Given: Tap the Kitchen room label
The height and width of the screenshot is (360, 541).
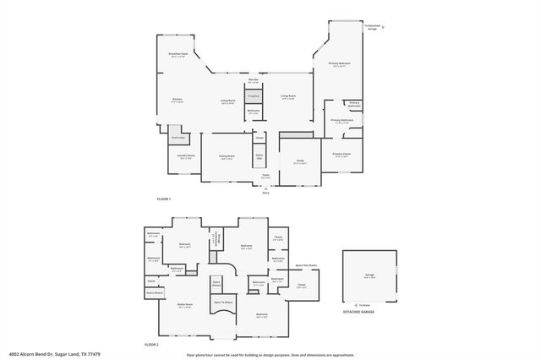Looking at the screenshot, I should (x=178, y=100).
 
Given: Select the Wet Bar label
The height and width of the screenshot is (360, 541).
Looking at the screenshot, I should (x=253, y=80).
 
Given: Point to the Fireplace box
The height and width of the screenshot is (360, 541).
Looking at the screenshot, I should (x=253, y=97).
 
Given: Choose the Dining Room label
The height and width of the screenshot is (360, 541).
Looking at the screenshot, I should (x=227, y=156).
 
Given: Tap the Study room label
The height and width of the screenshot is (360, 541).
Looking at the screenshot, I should (x=299, y=161).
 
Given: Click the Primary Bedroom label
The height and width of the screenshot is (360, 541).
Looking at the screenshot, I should (x=339, y=64).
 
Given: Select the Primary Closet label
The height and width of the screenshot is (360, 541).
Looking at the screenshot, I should (x=342, y=154).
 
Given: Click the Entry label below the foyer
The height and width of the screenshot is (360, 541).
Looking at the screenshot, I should (x=265, y=193).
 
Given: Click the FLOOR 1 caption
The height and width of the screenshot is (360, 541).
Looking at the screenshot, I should (x=164, y=199).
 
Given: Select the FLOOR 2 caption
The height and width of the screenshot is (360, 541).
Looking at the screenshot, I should (x=152, y=345).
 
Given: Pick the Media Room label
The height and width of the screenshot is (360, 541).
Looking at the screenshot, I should (x=184, y=305).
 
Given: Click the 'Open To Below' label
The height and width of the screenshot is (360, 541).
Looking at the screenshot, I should (x=222, y=302).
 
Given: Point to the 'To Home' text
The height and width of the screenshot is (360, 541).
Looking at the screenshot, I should (x=364, y=304).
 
